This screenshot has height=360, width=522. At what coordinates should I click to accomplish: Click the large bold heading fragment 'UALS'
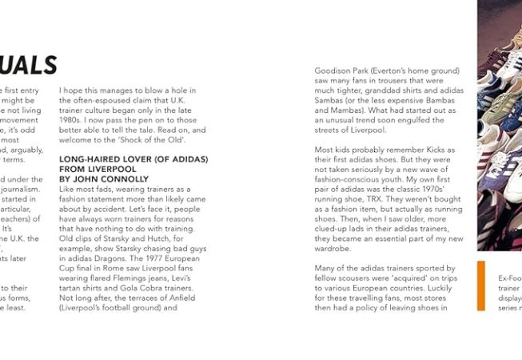click(x=28, y=64)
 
